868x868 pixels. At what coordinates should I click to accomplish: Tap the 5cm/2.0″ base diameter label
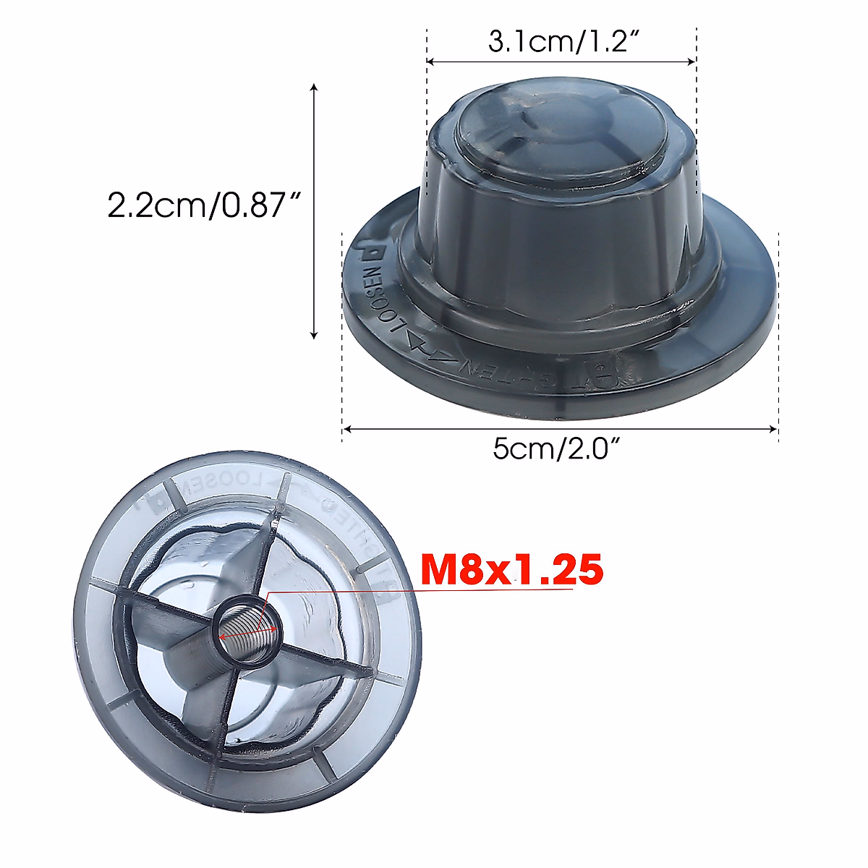point(558,449)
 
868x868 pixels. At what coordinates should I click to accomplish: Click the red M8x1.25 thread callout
point(512,569)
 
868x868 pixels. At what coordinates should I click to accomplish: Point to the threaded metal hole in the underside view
point(248,629)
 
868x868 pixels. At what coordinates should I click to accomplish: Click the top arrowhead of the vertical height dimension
point(313,88)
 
